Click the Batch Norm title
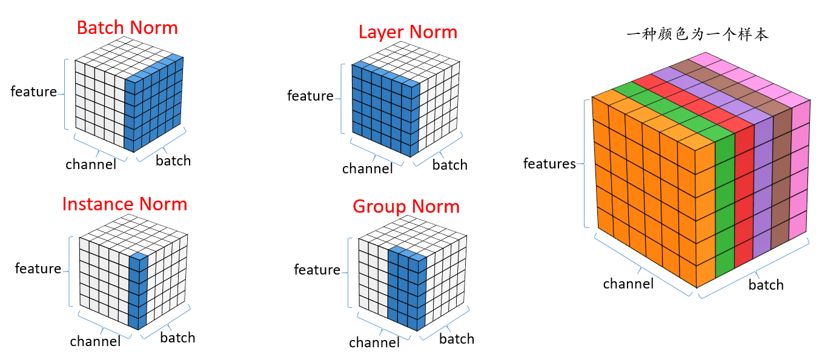(x=127, y=28)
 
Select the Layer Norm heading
(x=408, y=32)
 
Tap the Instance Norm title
(x=124, y=204)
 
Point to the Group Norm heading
(x=406, y=207)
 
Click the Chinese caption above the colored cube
(x=697, y=35)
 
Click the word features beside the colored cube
(x=549, y=164)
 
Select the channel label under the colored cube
(x=628, y=284)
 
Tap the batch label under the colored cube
(x=766, y=285)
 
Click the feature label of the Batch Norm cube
(x=34, y=92)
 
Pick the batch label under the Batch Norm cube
(x=173, y=161)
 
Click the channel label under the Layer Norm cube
(x=367, y=168)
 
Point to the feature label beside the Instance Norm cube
(x=38, y=268)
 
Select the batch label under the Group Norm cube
(x=456, y=339)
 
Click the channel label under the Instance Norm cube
(x=95, y=341)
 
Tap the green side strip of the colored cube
(x=724, y=206)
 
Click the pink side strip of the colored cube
(x=800, y=176)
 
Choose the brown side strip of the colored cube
(x=782, y=182)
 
